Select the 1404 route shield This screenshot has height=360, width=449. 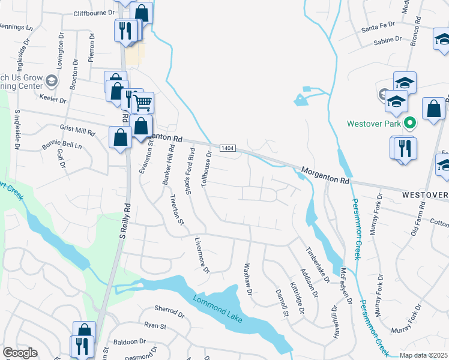[x=227, y=148]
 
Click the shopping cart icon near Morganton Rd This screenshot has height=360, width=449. [x=142, y=103]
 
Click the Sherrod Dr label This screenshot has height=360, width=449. [x=169, y=313]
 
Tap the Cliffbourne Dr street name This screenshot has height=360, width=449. [x=94, y=13]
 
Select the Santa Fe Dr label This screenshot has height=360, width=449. [x=378, y=26]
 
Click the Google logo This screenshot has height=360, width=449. [x=20, y=353]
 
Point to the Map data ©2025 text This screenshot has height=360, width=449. [x=423, y=355]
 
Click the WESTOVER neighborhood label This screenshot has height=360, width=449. [x=425, y=196]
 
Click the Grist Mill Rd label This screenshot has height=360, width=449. [x=77, y=130]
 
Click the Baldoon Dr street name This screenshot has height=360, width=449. [x=131, y=341]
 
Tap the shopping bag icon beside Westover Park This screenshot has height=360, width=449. [x=433, y=110]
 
